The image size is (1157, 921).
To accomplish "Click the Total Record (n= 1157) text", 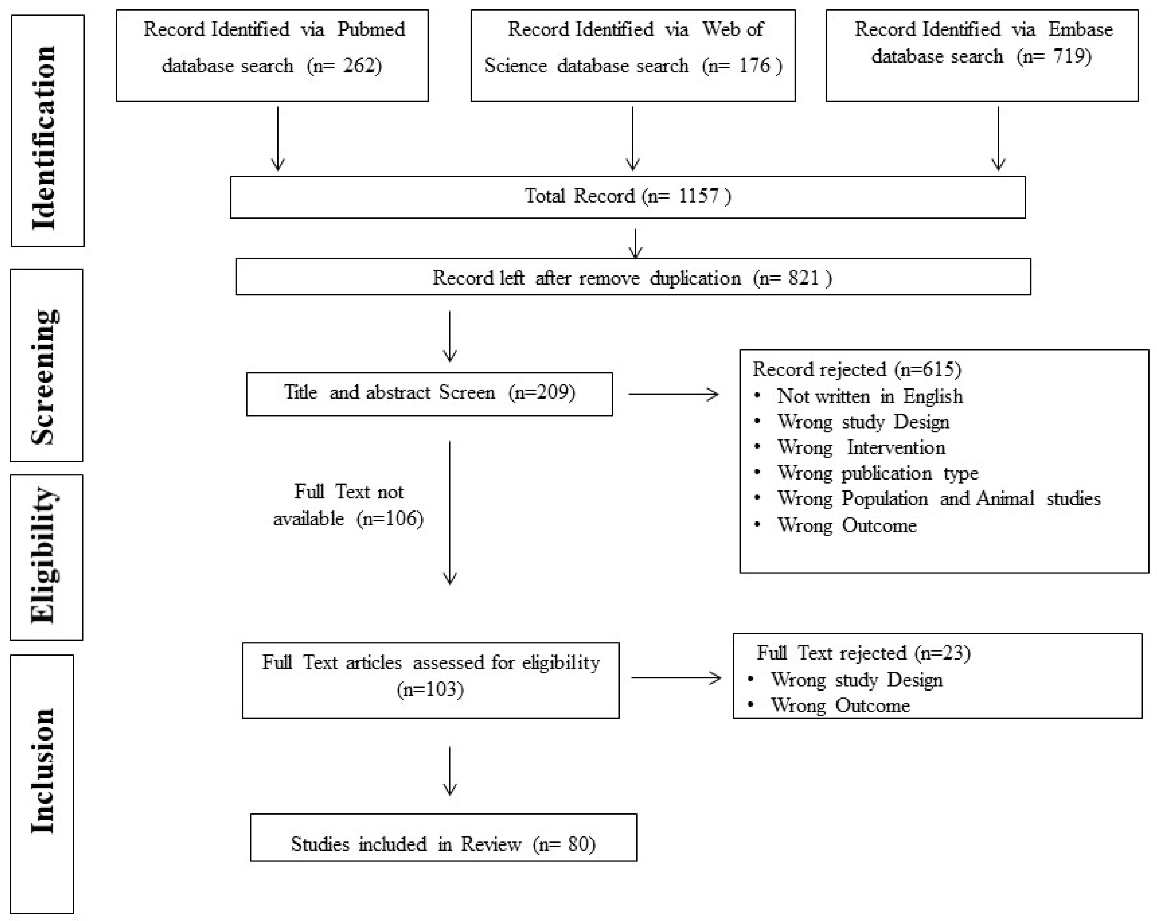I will click(627, 196).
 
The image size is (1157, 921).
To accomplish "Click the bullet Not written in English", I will click(869, 396).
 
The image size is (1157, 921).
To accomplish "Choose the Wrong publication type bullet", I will click(878, 473).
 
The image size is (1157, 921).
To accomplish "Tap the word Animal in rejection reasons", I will click(1005, 499).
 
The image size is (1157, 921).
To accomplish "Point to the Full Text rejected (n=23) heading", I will click(863, 653).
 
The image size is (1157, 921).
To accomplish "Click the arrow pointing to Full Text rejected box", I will click(676, 678).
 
